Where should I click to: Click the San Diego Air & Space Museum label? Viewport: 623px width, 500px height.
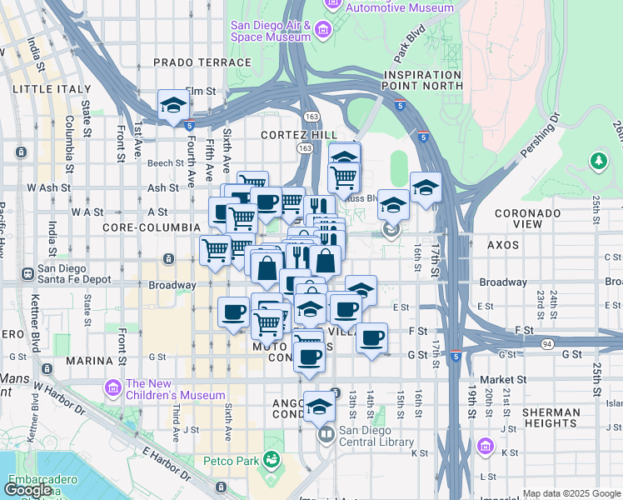[272, 32]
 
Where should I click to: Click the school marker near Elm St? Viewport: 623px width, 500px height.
[173, 106]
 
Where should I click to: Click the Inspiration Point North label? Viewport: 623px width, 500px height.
[422, 80]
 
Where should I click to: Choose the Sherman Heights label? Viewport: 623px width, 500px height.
[551, 419]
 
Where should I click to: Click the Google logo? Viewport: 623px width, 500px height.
[28, 490]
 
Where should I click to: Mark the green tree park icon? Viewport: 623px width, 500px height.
[598, 160]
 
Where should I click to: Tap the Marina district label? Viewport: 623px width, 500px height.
[88, 361]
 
